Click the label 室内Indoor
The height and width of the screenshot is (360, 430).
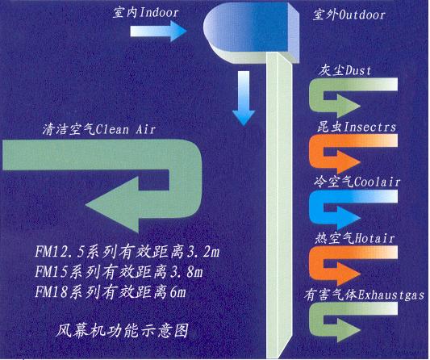145,12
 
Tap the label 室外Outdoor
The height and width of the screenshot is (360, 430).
349,15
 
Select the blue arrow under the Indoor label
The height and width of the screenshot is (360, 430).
158,31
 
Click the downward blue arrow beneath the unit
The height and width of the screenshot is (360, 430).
244,98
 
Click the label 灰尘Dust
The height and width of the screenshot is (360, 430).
344,70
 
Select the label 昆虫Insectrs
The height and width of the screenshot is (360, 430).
357,127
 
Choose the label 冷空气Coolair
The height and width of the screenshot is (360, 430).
357,182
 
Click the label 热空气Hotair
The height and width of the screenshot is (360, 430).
355,238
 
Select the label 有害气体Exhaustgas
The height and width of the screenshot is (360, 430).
364,295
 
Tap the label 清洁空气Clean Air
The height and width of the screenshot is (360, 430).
99,129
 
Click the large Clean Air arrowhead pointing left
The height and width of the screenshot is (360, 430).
112,205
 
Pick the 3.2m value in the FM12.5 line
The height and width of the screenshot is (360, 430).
202,252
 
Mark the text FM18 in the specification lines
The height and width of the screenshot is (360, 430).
52,292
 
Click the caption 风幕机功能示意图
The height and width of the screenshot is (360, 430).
123,330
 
